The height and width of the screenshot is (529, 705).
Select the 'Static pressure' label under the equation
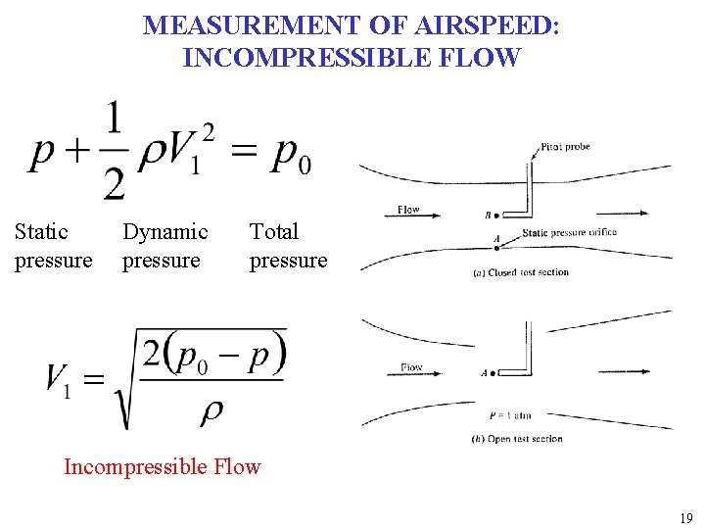click(x=53, y=246)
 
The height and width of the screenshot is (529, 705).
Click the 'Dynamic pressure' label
click(x=164, y=246)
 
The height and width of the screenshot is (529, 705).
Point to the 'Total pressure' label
click(x=288, y=246)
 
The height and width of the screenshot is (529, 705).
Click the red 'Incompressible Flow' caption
click(x=163, y=466)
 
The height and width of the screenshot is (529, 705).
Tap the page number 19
click(x=685, y=518)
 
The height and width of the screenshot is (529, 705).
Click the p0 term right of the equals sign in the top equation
click(x=291, y=156)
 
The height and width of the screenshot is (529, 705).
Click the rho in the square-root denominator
click(x=211, y=412)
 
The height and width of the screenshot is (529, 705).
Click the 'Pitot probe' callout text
click(x=565, y=147)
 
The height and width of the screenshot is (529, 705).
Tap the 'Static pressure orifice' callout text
click(x=569, y=233)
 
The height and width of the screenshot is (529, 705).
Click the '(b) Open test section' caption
click(x=517, y=439)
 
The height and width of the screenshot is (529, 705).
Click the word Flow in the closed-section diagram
click(x=408, y=210)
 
